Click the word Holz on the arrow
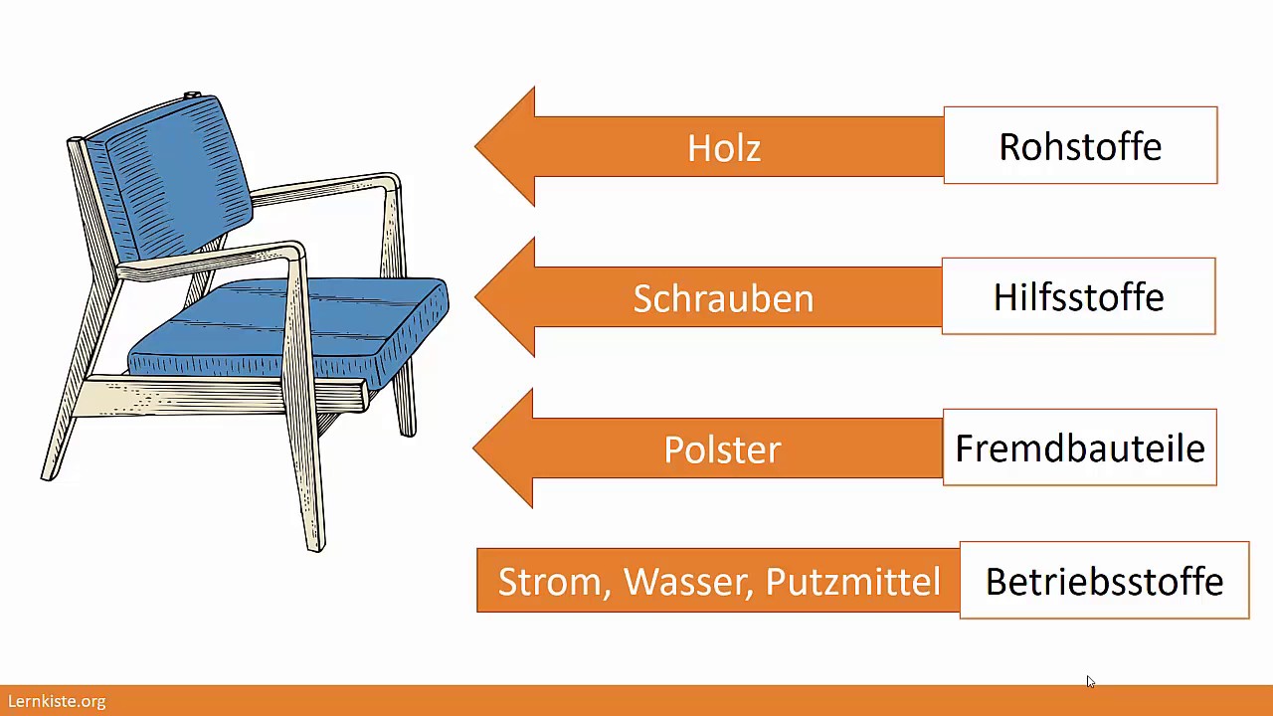(x=724, y=148)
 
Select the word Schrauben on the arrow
(x=723, y=298)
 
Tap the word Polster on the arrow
(x=722, y=449)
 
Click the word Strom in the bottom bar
(x=555, y=582)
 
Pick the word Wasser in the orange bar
(x=688, y=582)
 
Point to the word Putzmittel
(x=853, y=582)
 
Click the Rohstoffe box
(x=1080, y=145)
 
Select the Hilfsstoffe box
(x=1079, y=296)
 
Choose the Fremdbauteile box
(x=1080, y=447)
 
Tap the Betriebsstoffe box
(x=1104, y=580)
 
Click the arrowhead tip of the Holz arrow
(x=475, y=146)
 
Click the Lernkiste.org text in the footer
(x=57, y=701)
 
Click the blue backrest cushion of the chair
(x=170, y=176)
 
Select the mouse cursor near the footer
(x=1091, y=682)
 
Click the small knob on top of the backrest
(x=192, y=94)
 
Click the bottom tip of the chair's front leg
(x=316, y=549)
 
